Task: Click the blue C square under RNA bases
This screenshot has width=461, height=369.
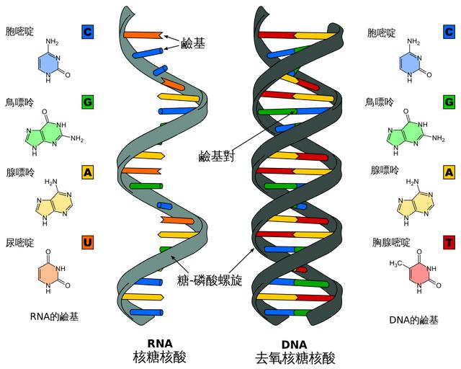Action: tap(87, 32)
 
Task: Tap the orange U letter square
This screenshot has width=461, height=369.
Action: tap(87, 243)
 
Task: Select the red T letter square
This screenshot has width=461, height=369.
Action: tap(449, 243)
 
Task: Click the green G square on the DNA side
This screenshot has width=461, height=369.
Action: tap(449, 102)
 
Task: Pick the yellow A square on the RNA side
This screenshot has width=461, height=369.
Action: tap(87, 172)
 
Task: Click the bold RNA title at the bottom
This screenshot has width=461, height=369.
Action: tap(160, 344)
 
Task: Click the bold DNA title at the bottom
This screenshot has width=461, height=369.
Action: tap(294, 344)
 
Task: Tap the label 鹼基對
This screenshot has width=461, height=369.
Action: tap(217, 156)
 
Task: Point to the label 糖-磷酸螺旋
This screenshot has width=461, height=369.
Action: tap(210, 280)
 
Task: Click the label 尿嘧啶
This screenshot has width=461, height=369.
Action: tap(19, 243)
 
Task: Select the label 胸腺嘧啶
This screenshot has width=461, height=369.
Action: tap(391, 242)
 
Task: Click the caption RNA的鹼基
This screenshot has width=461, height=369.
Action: tap(55, 317)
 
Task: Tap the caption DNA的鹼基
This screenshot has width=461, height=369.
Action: tap(413, 320)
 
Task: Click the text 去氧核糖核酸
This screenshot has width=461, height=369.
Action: tap(295, 358)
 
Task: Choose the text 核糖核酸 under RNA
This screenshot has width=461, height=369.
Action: tap(160, 357)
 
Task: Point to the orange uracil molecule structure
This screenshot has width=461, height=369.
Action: tap(52, 271)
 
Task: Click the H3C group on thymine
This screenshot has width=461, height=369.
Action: tap(395, 263)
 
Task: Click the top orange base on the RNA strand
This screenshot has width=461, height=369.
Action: tap(143, 35)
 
